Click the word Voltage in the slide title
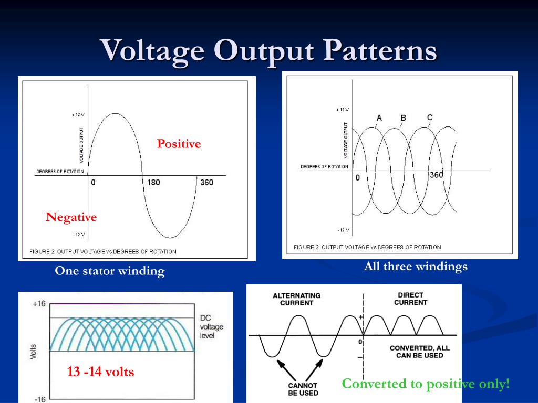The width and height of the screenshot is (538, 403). tap(152, 51)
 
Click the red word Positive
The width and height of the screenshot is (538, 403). tap(179, 144)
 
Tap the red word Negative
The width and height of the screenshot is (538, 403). tap(71, 217)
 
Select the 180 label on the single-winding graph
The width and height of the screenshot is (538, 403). tap(153, 183)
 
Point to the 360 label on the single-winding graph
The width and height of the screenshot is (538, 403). tap(206, 183)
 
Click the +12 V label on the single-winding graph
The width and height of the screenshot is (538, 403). tap(78, 115)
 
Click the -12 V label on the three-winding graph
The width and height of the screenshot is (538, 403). tap(343, 230)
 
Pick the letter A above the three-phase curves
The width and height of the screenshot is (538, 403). tap(379, 118)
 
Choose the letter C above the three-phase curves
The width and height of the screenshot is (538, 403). tap(430, 117)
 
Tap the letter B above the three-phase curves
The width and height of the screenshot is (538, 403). tap(403, 118)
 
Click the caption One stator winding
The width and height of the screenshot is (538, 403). tap(110, 271)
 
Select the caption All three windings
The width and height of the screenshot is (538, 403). tap(416, 267)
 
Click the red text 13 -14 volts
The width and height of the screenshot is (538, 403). tap(100, 372)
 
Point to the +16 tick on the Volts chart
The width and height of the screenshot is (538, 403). tap(39, 304)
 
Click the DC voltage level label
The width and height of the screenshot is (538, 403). tap(211, 326)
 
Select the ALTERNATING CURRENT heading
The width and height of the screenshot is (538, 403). tap(296, 299)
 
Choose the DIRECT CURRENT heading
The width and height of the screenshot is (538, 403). tap(410, 299)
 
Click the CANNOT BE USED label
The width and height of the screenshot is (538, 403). tap(303, 389)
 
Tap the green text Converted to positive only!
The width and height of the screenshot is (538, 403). tap(426, 384)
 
